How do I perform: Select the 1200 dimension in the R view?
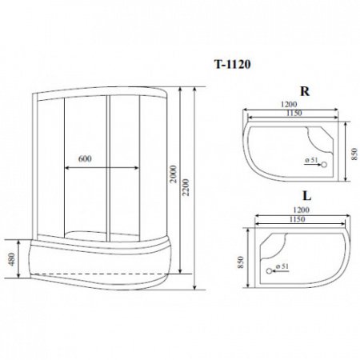(x=289, y=105)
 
